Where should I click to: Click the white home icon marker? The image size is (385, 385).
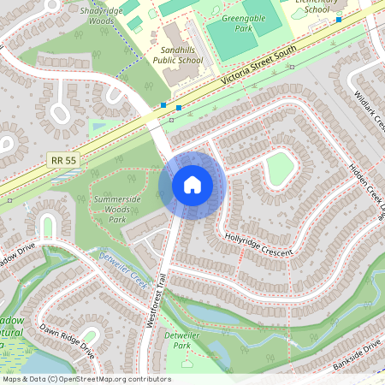(192, 185)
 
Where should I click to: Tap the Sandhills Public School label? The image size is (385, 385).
(178, 56)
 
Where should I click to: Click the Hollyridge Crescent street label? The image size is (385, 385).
(258, 244)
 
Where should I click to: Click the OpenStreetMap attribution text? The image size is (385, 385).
(86, 379)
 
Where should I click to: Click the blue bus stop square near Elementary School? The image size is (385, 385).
(339, 19)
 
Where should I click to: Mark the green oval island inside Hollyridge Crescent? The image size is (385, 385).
(281, 169)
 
